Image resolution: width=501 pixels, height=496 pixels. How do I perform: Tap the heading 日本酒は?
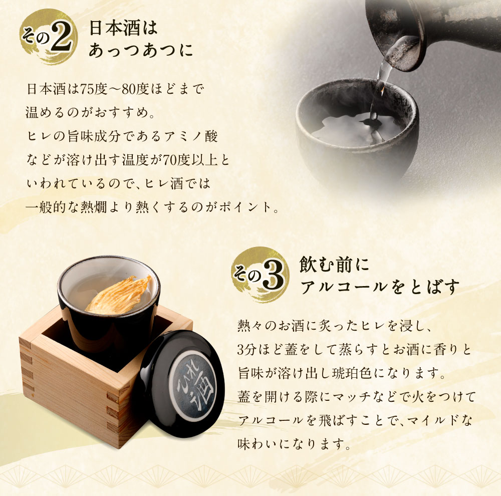[x=122, y=29]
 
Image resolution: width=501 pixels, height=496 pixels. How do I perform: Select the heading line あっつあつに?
[x=140, y=51]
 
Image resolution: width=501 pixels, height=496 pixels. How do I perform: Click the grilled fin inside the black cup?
[x=118, y=296]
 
